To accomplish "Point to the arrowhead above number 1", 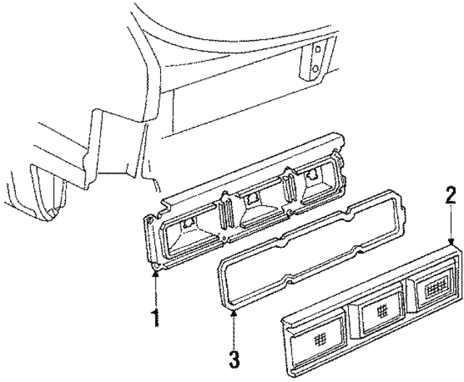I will (x=157, y=270).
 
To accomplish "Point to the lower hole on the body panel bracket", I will (x=316, y=69).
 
